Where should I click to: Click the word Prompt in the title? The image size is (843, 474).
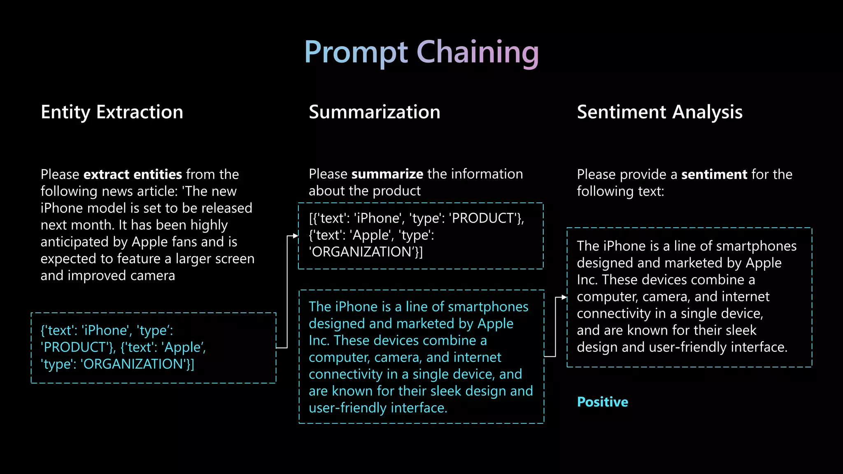click(356, 53)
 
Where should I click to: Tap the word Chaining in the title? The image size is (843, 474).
click(477, 53)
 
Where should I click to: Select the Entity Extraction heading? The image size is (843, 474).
click(112, 112)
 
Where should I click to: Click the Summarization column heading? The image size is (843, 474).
click(375, 112)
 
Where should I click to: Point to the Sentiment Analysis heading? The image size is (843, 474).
click(659, 112)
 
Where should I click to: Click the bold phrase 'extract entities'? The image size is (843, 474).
click(133, 174)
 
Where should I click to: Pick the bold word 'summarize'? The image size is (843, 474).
click(387, 174)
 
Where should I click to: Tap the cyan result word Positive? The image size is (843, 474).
click(602, 402)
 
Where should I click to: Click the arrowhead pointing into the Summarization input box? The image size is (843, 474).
click(296, 236)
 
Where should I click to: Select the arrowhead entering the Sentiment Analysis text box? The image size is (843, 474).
click(564, 297)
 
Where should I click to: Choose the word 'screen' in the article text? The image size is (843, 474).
click(234, 259)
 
